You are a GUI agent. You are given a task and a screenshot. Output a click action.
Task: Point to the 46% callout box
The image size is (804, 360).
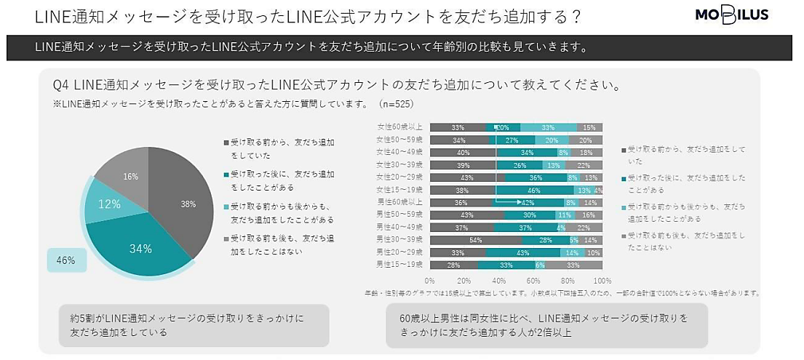pyautogui.click(x=65, y=260)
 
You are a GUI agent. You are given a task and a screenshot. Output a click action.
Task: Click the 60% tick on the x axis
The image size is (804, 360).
pyautogui.click(x=533, y=281)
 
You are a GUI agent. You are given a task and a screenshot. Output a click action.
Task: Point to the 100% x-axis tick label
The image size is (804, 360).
pyautogui.click(x=602, y=281)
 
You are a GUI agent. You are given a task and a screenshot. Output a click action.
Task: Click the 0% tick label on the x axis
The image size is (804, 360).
pyautogui.click(x=429, y=281)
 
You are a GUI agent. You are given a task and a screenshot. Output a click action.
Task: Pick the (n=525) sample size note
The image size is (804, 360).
pyautogui.click(x=399, y=104)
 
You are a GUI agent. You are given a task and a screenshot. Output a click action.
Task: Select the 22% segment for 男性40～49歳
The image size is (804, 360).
pyautogui.click(x=584, y=226)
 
